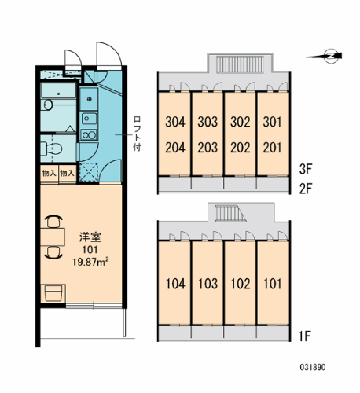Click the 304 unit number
pos(175,122)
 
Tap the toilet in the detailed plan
pos(52,148)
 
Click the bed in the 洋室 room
pos(54,293)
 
